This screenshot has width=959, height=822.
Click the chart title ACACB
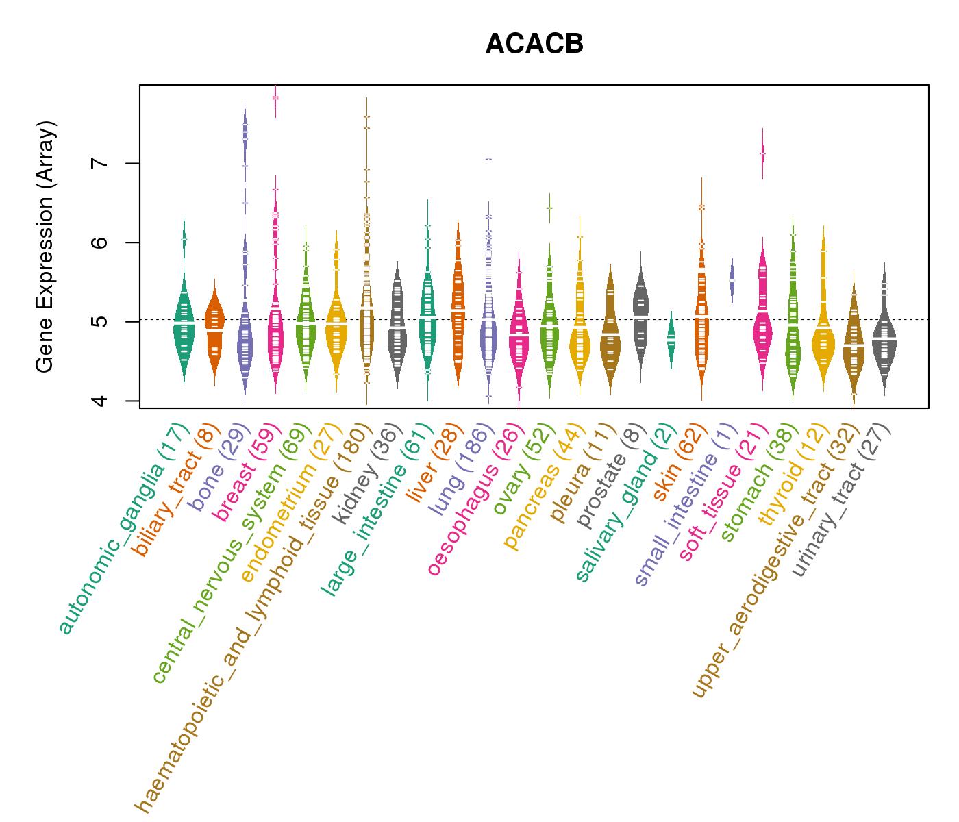pyautogui.click(x=534, y=44)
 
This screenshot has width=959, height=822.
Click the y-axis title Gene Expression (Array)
pyautogui.click(x=45, y=247)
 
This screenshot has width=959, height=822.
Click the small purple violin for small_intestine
pyautogui.click(x=732, y=280)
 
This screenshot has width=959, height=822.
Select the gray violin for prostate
pyautogui.click(x=640, y=315)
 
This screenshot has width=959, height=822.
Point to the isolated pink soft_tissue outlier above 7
pyautogui.click(x=762, y=154)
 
